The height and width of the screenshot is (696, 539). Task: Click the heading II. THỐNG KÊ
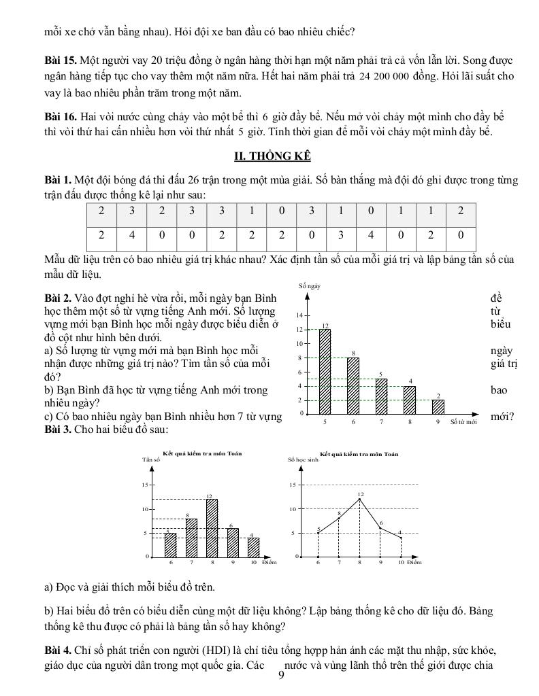point(272,156)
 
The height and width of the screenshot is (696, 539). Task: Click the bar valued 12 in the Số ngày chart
point(325,370)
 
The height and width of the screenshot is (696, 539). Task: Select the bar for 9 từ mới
point(438,406)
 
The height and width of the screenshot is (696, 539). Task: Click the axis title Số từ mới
point(463,422)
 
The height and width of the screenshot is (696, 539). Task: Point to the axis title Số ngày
point(310,286)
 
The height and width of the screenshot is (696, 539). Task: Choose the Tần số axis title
point(151,460)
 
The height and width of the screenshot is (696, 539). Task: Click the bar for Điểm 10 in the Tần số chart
point(253,547)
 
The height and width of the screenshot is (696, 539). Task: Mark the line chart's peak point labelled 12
point(360,499)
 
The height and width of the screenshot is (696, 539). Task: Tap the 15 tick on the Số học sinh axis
point(292,485)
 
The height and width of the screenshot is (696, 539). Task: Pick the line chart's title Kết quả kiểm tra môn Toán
point(359,453)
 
